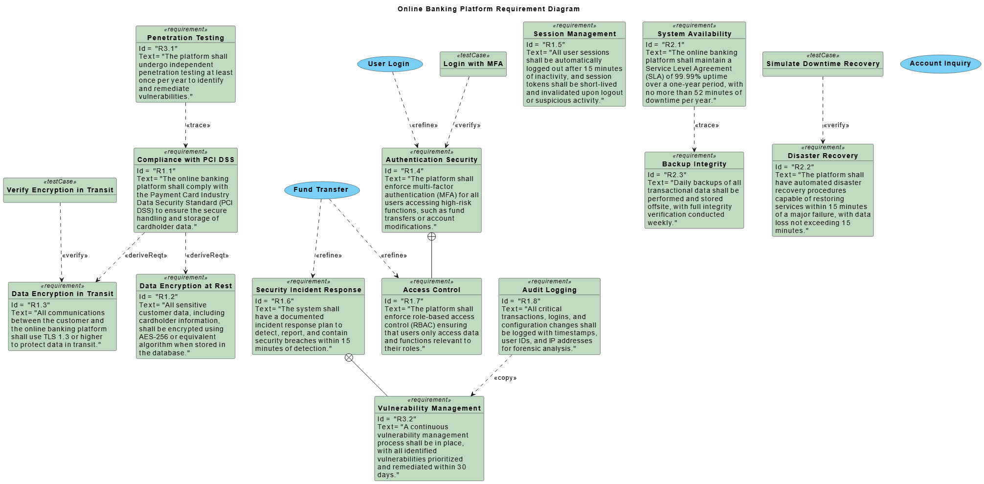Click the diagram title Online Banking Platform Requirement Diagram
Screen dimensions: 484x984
click(488, 9)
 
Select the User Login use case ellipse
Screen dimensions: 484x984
click(389, 64)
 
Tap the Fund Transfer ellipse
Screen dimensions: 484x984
click(321, 190)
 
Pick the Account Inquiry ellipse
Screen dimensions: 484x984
click(940, 64)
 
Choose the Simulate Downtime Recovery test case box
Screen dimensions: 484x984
click(823, 64)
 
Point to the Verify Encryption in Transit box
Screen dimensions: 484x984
click(60, 190)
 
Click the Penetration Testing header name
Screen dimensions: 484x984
click(185, 38)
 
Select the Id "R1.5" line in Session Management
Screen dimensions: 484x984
click(546, 45)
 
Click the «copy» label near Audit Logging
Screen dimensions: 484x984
click(505, 378)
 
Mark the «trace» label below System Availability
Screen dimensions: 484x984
click(707, 125)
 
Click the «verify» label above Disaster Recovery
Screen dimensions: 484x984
click(836, 125)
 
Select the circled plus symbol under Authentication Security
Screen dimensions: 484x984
click(431, 237)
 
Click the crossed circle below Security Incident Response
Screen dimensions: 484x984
click(349, 358)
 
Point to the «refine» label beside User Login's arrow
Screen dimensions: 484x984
click(425, 125)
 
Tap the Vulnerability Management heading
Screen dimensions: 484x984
click(429, 408)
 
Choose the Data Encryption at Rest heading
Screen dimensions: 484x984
click(185, 286)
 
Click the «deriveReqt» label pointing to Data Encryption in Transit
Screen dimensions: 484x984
click(146, 255)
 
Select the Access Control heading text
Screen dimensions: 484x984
click(431, 290)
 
